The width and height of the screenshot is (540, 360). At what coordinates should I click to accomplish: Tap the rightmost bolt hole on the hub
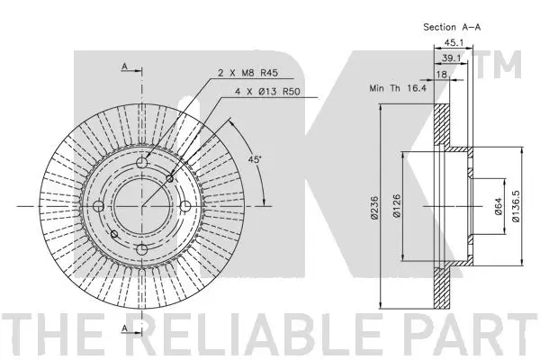[184, 207]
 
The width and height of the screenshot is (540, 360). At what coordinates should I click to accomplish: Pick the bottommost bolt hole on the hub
[141, 249]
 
